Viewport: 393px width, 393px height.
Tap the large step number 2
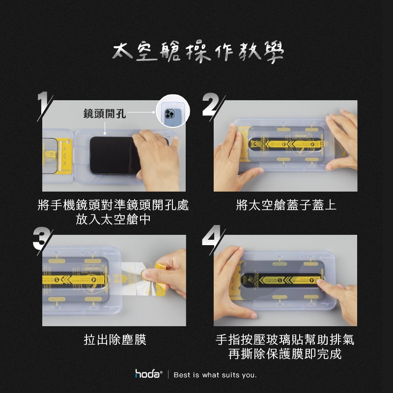point(213,106)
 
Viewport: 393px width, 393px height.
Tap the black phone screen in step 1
point(111,155)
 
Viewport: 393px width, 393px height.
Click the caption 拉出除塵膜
point(115,339)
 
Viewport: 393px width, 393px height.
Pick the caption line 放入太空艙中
point(113,219)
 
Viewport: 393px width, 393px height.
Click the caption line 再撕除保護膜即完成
point(285,354)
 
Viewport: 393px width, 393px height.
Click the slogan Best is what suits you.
point(215,375)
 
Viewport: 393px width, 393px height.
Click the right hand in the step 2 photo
point(344,138)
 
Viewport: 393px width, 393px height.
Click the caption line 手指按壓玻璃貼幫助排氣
point(285,340)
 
